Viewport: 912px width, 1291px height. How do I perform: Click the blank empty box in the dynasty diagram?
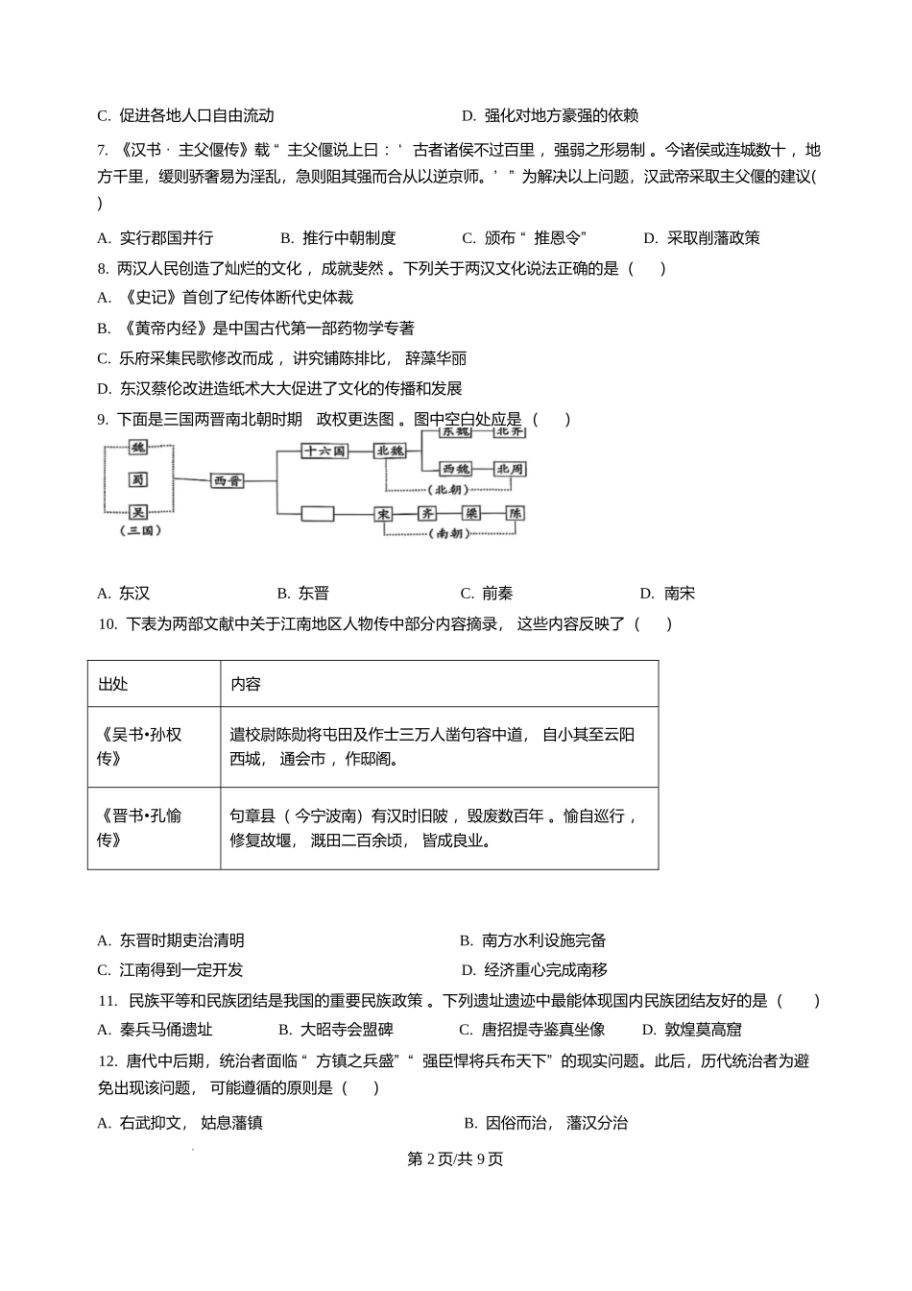(317, 514)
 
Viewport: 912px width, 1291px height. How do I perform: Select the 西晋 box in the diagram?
(227, 480)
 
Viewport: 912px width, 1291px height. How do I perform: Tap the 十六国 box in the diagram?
(324, 450)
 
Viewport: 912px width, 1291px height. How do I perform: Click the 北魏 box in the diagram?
(391, 450)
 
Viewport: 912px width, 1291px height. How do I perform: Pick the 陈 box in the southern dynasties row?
(516, 514)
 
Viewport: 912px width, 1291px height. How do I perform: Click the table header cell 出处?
(113, 684)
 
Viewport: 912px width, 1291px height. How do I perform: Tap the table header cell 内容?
(246, 684)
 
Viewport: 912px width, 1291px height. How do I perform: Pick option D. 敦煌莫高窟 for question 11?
(691, 1030)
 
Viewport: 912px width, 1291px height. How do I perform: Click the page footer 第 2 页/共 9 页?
(455, 1158)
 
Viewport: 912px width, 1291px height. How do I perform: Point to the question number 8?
(103, 269)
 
